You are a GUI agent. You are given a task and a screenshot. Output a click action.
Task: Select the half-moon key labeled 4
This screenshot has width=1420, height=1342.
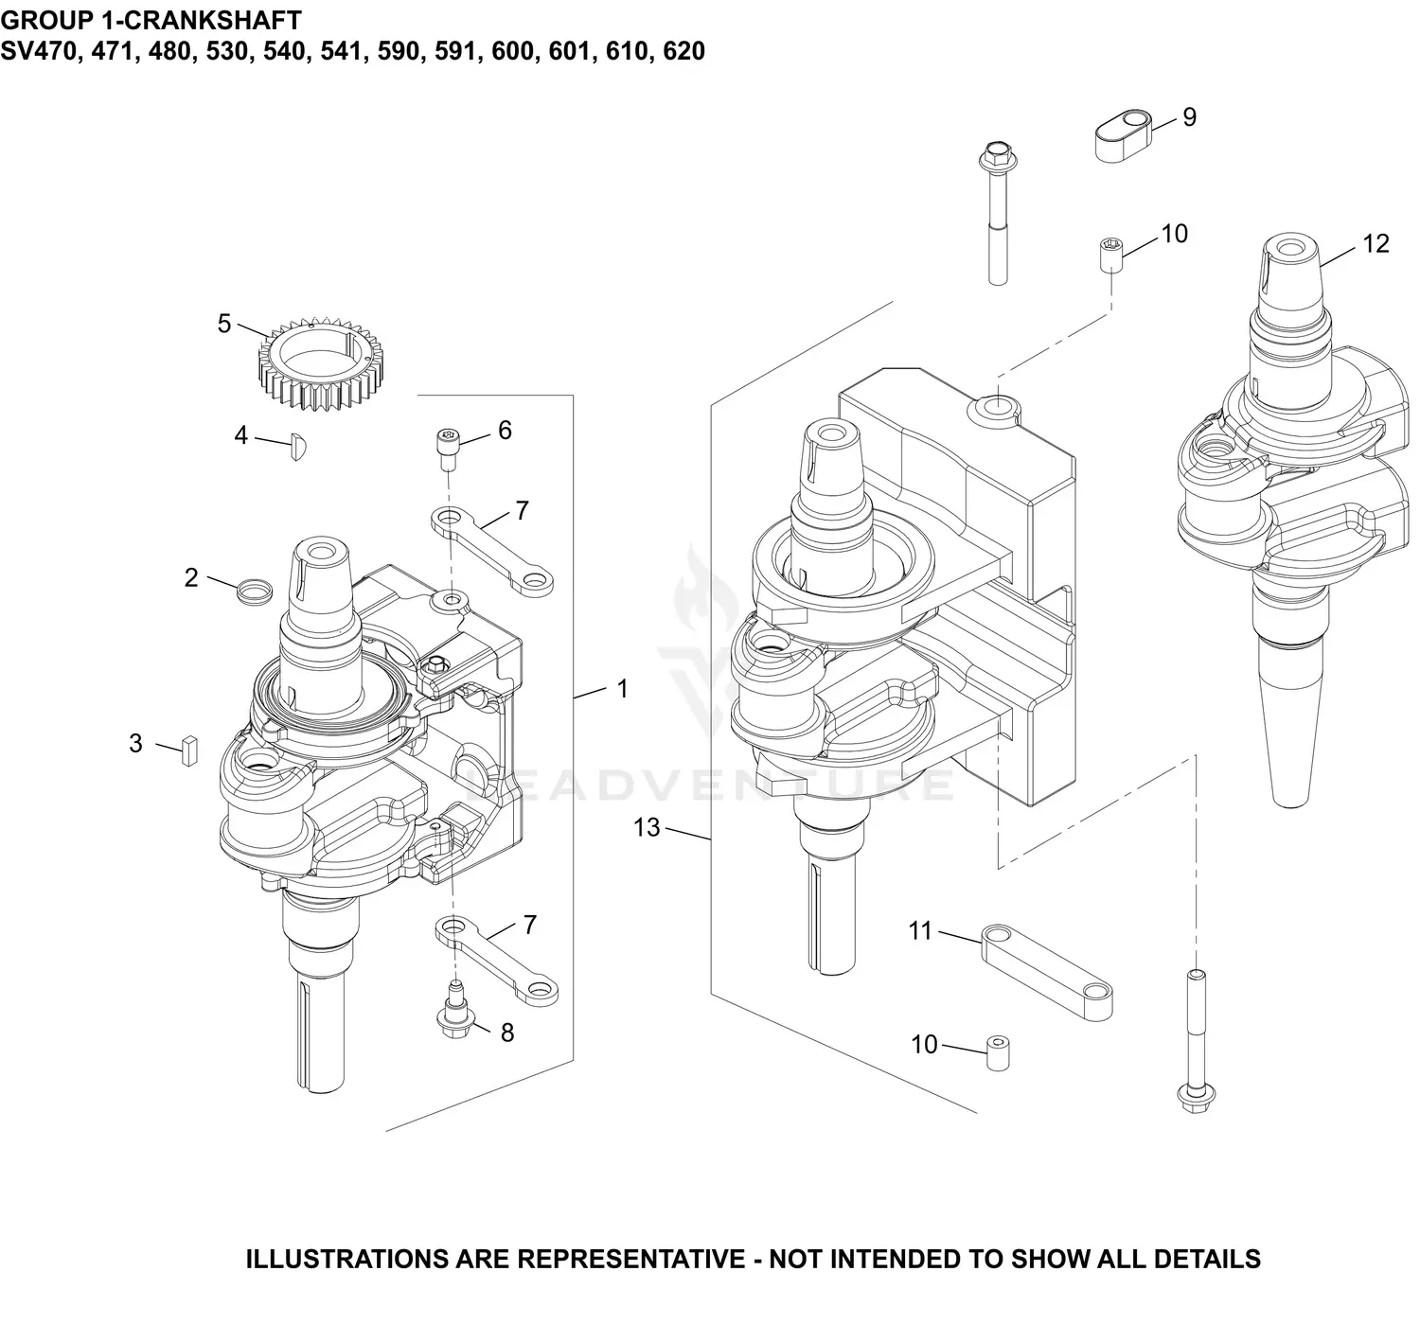pyautogui.click(x=299, y=446)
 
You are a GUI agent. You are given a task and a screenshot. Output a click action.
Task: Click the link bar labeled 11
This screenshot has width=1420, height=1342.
pyautogui.click(x=1046, y=971)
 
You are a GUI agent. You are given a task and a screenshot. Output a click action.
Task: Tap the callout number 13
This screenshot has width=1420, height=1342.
pyautogui.click(x=647, y=827)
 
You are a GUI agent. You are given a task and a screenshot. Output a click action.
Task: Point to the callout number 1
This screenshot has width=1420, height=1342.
pyautogui.click(x=622, y=689)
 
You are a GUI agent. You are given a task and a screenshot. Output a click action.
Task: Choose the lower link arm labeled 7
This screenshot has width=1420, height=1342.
pyautogui.click(x=496, y=961)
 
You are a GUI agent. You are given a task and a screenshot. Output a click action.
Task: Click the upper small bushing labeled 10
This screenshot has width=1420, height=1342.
pyautogui.click(x=1110, y=256)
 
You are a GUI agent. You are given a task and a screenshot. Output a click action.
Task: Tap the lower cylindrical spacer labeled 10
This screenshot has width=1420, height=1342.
pyautogui.click(x=997, y=1053)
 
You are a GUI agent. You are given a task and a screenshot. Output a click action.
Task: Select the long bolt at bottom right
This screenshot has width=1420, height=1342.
pyautogui.click(x=1196, y=1041)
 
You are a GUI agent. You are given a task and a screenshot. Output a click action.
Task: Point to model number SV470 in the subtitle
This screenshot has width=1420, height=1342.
pyautogui.click(x=42, y=51)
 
